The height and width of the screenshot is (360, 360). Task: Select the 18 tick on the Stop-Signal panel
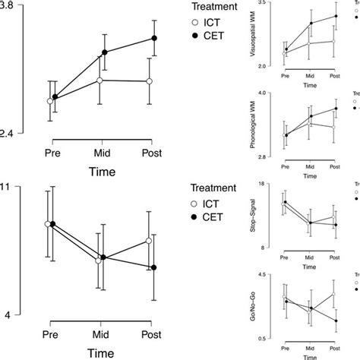click(x=261, y=185)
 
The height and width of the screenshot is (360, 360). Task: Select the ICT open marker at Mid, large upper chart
click(x=101, y=80)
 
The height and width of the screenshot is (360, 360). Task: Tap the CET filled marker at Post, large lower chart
click(x=154, y=267)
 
